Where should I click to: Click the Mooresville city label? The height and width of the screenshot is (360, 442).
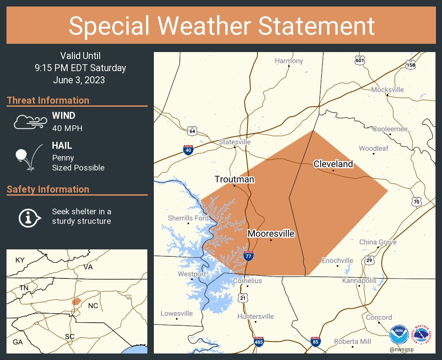pyautogui.click(x=271, y=234)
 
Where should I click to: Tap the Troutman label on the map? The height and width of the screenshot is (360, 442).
pyautogui.click(x=234, y=180)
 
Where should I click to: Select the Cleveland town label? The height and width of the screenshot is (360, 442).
pyautogui.click(x=333, y=164)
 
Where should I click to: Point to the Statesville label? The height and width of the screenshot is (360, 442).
pyautogui.click(x=234, y=142)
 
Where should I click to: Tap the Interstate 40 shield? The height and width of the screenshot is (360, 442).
pyautogui.click(x=188, y=150)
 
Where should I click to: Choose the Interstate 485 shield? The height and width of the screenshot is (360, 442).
pyautogui.click(x=259, y=342)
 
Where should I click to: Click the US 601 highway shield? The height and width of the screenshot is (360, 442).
pyautogui.click(x=359, y=60)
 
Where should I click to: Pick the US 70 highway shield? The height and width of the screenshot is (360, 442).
pyautogui.click(x=416, y=201)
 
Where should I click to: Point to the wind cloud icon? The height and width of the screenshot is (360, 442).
pyautogui.click(x=29, y=122)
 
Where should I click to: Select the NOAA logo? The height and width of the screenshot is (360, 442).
pyautogui.click(x=399, y=335)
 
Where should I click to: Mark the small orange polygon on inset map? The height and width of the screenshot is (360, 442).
pyautogui.click(x=76, y=301)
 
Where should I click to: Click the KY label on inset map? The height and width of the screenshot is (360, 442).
pyautogui.click(x=20, y=260)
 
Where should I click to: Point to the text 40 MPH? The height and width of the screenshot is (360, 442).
pyautogui.click(x=67, y=128)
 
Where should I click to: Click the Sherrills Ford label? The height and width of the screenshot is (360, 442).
pyautogui.click(x=188, y=218)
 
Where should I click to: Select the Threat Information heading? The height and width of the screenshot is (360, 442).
pyautogui.click(x=48, y=100)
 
